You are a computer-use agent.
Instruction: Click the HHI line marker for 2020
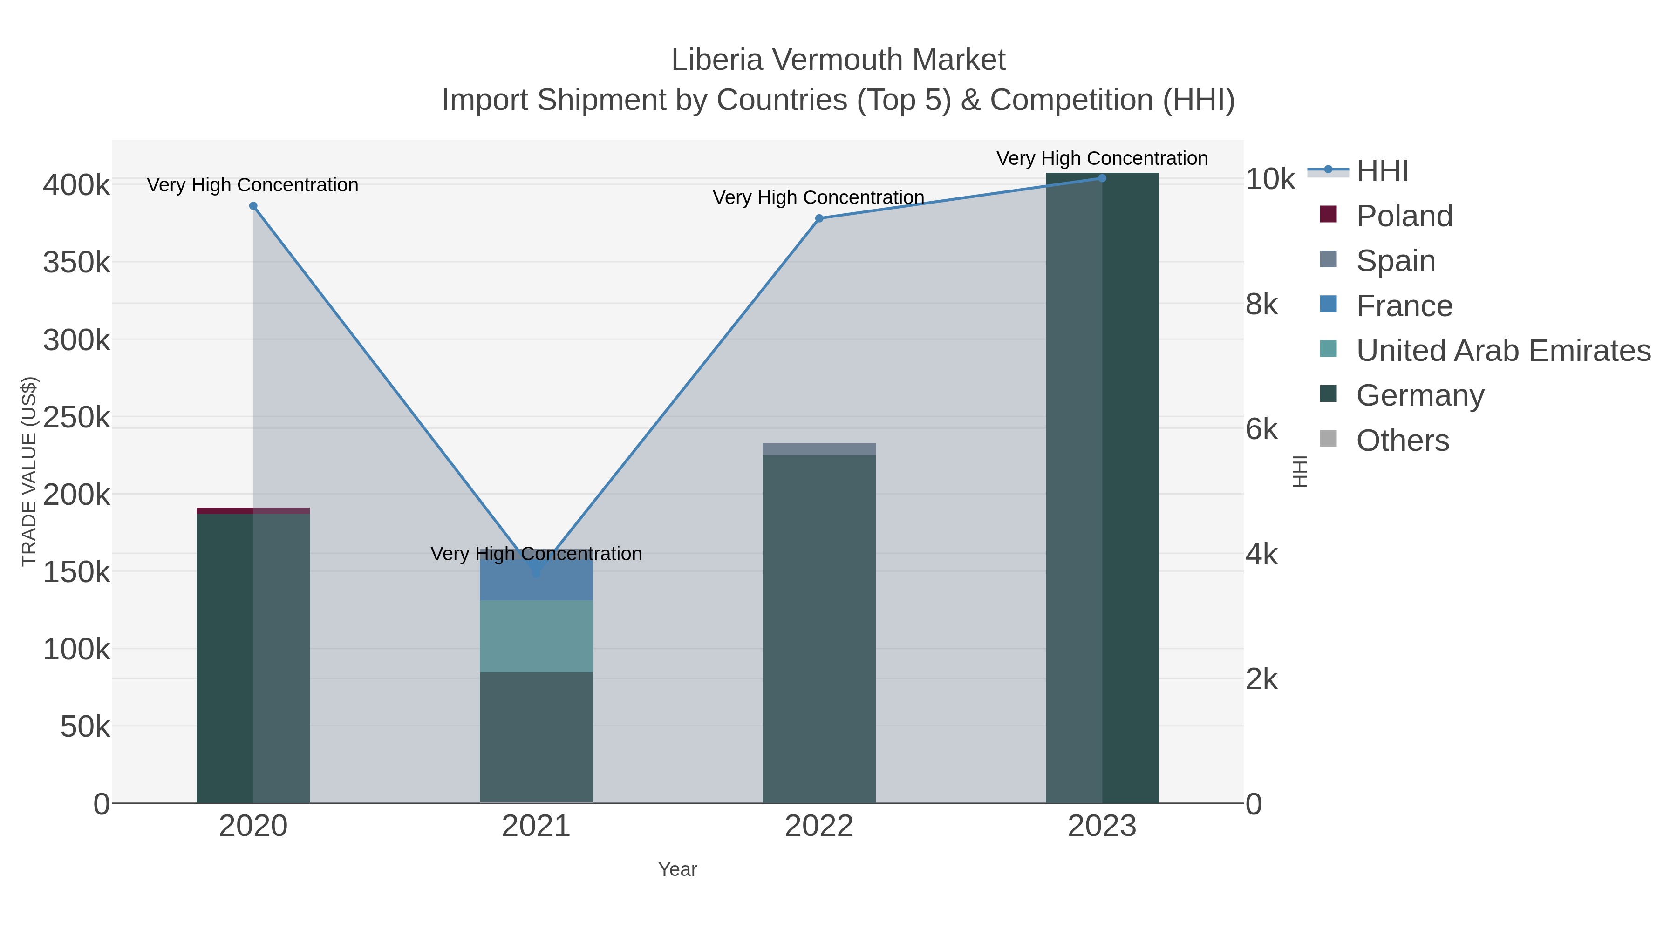point(253,206)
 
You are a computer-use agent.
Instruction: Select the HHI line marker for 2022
point(819,219)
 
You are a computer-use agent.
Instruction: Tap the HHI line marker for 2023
point(1102,178)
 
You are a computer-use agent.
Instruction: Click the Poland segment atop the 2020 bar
point(253,511)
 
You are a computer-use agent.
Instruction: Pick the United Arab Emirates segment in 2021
point(536,636)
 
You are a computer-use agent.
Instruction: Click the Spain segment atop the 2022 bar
point(819,449)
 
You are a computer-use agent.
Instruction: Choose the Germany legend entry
point(1419,396)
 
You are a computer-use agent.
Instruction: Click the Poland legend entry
point(1404,216)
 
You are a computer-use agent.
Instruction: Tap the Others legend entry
point(1402,441)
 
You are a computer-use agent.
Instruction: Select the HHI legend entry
point(1382,171)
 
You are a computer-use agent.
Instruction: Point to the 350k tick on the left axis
point(77,263)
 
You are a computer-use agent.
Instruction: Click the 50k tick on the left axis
point(85,726)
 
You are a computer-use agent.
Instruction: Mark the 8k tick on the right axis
point(1261,305)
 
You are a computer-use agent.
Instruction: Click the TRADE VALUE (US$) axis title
point(29,471)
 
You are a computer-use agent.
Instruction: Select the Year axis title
point(677,869)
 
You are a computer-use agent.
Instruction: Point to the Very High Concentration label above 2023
point(1102,158)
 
